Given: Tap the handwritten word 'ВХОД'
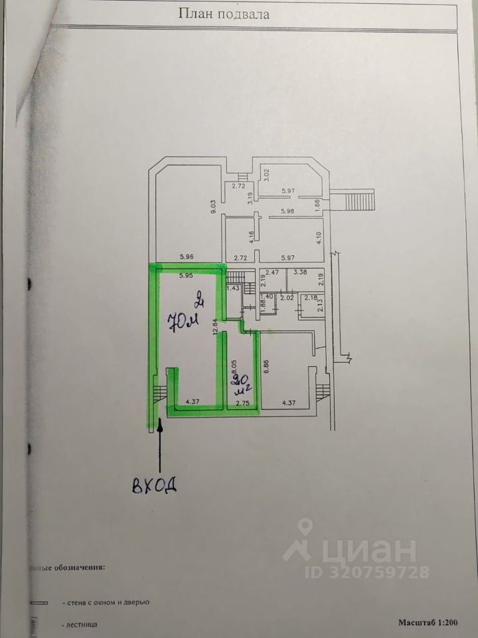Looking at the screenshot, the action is pyautogui.click(x=153, y=484).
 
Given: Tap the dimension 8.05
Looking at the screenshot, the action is pyautogui.click(x=232, y=367).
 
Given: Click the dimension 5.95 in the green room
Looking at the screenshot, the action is pyautogui.click(x=186, y=274).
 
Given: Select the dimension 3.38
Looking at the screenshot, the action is pyautogui.click(x=300, y=272).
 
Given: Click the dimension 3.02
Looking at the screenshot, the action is pyautogui.click(x=267, y=176).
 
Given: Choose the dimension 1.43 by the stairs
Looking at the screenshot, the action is pyautogui.click(x=232, y=288).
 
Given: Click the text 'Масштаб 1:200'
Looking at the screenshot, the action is pyautogui.click(x=428, y=623).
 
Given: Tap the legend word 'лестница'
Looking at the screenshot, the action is pyautogui.click(x=82, y=625).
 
